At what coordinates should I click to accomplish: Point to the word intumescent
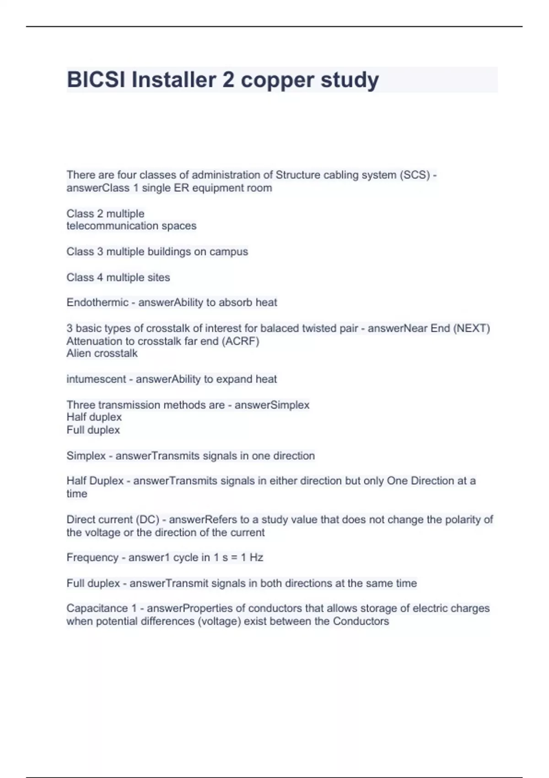click(96, 379)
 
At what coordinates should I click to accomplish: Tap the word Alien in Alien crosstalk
click(78, 353)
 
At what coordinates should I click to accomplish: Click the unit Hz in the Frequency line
click(256, 557)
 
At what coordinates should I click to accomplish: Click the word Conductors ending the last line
click(361, 621)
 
